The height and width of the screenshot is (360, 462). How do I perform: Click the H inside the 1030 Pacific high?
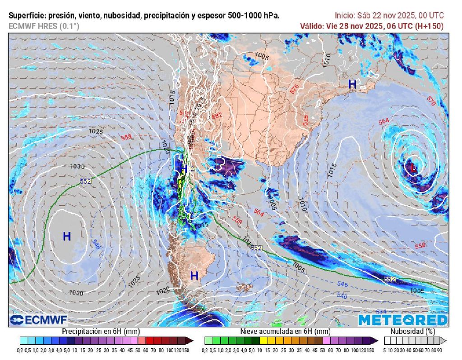click(67, 235)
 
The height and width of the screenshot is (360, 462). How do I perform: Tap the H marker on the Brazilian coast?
click(352, 84)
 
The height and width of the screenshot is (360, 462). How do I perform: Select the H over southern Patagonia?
click(194, 275)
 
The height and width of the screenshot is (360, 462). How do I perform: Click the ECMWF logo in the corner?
click(38, 320)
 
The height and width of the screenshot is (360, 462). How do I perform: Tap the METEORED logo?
click(403, 320)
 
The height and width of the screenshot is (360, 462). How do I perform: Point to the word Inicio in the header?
click(346, 15)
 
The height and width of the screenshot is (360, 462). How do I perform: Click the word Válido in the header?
click(311, 26)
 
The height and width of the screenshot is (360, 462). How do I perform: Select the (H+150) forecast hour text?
click(428, 26)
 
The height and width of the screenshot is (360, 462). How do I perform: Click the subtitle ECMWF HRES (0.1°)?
click(44, 26)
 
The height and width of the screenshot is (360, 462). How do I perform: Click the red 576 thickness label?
click(295, 89)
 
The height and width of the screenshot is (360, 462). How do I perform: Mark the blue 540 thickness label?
click(342, 296)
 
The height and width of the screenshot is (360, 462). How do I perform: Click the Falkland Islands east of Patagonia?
click(244, 287)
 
